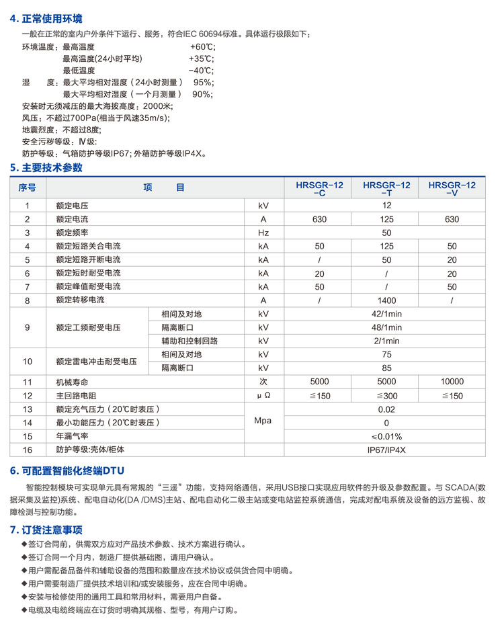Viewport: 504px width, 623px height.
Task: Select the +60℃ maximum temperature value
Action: (202, 47)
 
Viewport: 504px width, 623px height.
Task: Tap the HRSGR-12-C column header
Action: (319, 188)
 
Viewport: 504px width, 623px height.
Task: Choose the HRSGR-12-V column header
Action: (452, 188)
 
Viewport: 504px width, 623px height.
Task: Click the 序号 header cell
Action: (28, 188)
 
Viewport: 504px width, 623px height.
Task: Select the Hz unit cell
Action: (263, 233)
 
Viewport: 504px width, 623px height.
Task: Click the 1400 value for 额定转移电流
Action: (386, 300)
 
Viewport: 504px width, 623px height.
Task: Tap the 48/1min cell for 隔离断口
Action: (386, 327)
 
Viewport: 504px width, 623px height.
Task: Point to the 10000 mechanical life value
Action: (452, 382)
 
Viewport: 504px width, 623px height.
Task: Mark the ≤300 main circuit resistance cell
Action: (386, 396)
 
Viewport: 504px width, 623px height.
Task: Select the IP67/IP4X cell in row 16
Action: (386, 450)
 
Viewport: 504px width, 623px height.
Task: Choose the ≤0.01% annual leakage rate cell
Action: (386, 436)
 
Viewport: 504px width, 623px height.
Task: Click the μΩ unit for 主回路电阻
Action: (263, 396)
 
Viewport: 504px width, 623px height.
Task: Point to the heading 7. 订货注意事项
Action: (46, 530)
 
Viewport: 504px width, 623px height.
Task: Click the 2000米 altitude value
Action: (158, 106)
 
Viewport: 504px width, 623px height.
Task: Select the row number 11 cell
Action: (28, 382)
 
